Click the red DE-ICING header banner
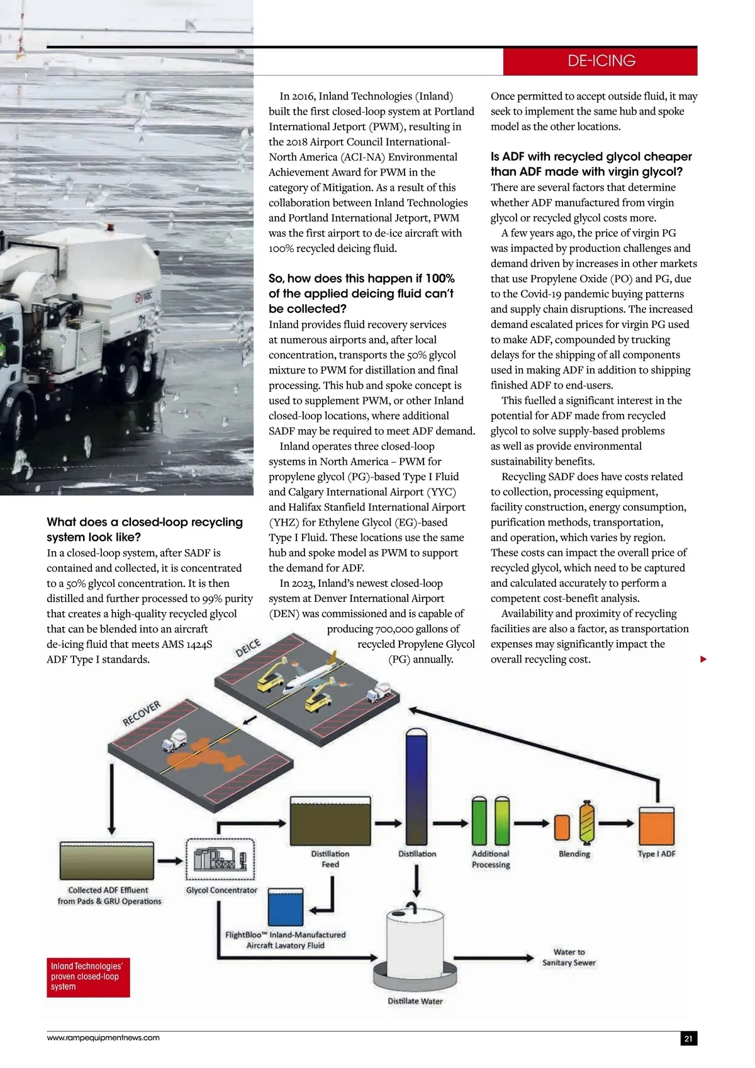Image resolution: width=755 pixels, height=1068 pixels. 600,61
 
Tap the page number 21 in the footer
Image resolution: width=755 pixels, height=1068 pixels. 688,1038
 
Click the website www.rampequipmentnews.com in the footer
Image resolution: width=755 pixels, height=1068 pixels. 103,1038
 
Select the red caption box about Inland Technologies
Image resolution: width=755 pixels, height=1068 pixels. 89,977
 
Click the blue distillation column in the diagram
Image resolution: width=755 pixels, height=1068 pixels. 417,787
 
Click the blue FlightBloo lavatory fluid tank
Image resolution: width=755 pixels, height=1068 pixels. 286,907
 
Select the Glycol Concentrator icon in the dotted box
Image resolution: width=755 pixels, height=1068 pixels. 220,859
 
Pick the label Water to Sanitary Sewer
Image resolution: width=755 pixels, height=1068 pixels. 569,957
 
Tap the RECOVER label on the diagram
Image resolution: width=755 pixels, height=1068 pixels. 142,713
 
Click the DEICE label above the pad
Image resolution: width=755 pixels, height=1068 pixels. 248,648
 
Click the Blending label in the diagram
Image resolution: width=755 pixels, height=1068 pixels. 574,854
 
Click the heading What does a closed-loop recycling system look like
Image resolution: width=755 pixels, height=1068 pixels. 145,530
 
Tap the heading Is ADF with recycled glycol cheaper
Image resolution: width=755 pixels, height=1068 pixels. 591,164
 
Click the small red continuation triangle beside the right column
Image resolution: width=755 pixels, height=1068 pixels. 703,659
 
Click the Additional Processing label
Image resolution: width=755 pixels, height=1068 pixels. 491,859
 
